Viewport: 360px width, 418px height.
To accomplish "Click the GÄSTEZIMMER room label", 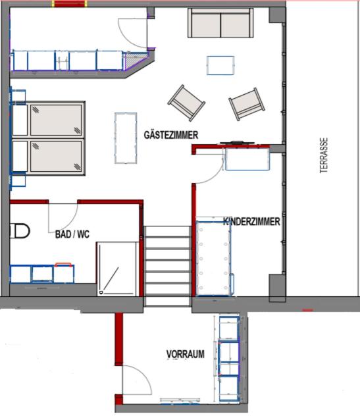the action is coord(171,135).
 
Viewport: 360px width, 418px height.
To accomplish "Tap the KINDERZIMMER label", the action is coord(251,221).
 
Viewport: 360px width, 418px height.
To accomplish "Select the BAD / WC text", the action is coord(72,234).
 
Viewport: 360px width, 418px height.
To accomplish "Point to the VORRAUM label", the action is coord(186,354).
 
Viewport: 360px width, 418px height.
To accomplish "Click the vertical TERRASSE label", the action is coord(324,155).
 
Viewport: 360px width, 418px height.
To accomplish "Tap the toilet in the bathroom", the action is coord(20,231).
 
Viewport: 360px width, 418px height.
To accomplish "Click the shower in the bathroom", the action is coord(118,269).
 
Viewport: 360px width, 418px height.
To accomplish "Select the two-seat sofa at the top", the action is coord(220,23).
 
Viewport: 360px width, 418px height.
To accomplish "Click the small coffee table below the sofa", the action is coord(220,65).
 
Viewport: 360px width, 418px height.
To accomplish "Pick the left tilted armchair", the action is coord(186,103).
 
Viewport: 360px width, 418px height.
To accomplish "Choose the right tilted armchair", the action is coord(247,104).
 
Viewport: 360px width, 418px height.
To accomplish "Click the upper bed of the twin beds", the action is coord(48,119).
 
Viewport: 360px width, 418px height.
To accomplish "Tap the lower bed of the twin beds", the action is coord(48,157).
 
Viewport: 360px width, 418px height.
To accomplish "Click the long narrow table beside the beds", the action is coord(126,138).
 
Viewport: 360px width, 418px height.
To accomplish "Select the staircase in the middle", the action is coord(167,266).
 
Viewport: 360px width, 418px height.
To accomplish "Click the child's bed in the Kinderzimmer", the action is coord(213,258).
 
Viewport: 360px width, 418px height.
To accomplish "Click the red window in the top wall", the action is coord(70,4).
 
